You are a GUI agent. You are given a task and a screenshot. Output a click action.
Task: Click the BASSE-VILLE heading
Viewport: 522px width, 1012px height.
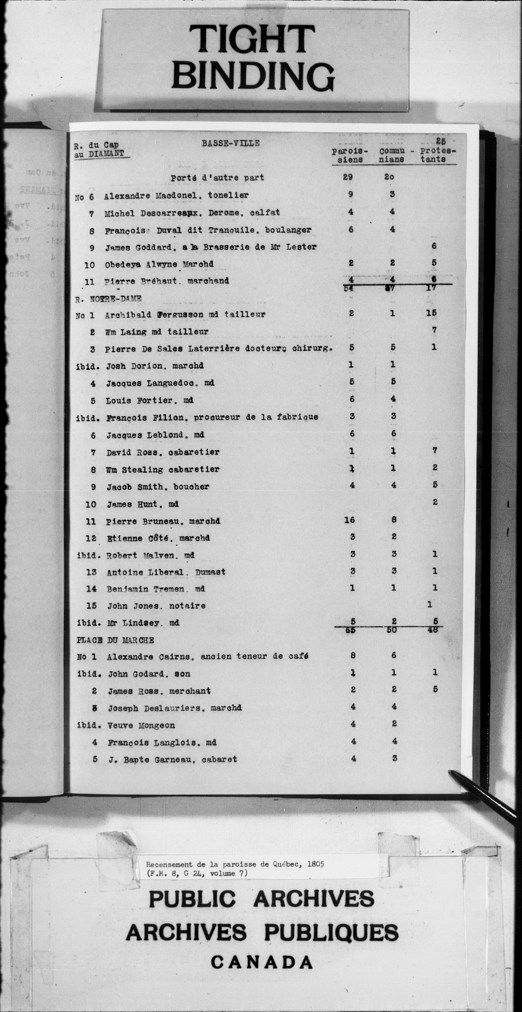(231, 143)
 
